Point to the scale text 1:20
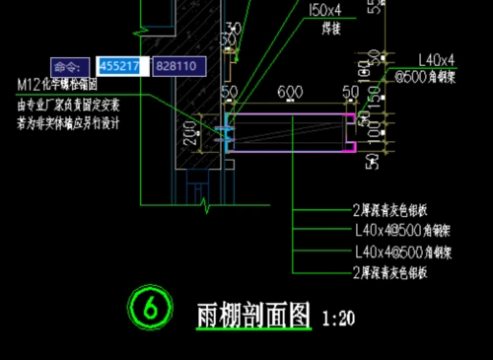pos(338,318)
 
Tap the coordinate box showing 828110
pos(177,66)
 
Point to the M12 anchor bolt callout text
pos(56,85)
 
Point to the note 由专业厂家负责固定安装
pos(69,104)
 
